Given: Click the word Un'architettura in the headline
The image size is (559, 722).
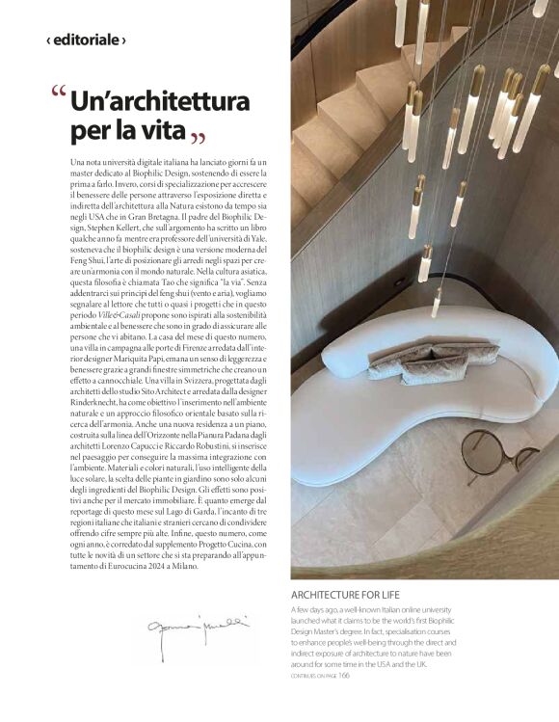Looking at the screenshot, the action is (160, 101).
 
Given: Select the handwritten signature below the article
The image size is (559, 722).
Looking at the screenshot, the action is (198, 628).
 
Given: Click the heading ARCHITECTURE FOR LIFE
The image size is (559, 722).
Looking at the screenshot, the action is (345, 595).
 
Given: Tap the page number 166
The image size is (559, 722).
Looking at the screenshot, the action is (344, 675).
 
